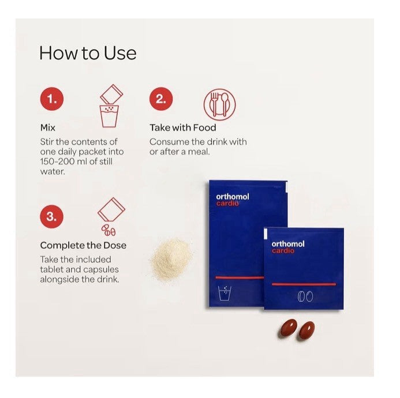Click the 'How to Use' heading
coord(88,53)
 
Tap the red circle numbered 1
coord(52,99)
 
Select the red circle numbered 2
coord(161,99)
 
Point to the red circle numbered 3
coord(51,216)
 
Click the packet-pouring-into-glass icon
coord(110,106)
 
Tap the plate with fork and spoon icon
coord(219,104)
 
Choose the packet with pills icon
coord(111,216)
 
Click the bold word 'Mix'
coord(48,127)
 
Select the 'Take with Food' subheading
coord(183,127)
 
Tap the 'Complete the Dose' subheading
coord(83,245)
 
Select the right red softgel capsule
coord(306,331)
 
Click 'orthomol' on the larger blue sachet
coord(233,197)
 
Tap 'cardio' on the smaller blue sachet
coord(283,251)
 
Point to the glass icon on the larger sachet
coord(225,293)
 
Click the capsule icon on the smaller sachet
coord(305,296)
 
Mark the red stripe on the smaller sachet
coord(304,284)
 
